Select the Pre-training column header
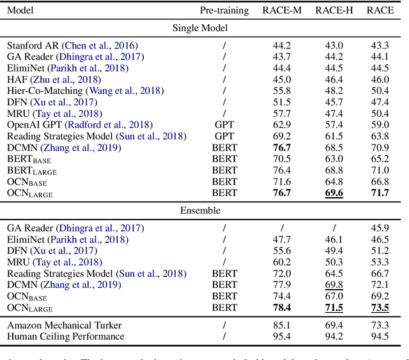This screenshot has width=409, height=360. (224, 10)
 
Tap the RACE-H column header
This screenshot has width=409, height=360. (334, 10)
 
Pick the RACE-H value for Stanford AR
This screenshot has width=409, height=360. (334, 45)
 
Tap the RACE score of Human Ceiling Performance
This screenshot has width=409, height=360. (380, 336)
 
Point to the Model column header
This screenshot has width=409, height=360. (20, 10)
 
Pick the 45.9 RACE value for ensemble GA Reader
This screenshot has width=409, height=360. (380, 228)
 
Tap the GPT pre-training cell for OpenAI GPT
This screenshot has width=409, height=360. (224, 125)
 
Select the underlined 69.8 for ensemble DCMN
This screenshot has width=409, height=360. (334, 285)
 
